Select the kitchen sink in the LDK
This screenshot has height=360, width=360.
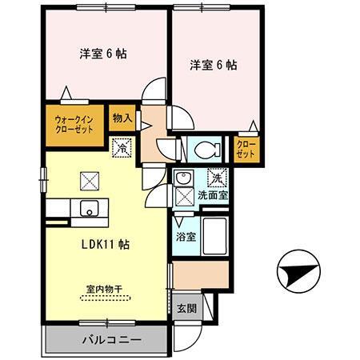click(x=87, y=210)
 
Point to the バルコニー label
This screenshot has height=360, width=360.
click(x=111, y=340)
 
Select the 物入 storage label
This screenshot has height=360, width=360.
click(x=122, y=117)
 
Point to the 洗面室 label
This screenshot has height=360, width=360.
click(x=214, y=194)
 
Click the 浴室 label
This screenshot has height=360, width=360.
click(x=185, y=238)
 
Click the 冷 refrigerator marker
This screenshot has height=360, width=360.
click(x=122, y=147)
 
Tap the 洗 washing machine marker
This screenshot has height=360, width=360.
click(x=215, y=178)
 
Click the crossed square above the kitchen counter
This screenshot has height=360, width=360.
click(x=87, y=180)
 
